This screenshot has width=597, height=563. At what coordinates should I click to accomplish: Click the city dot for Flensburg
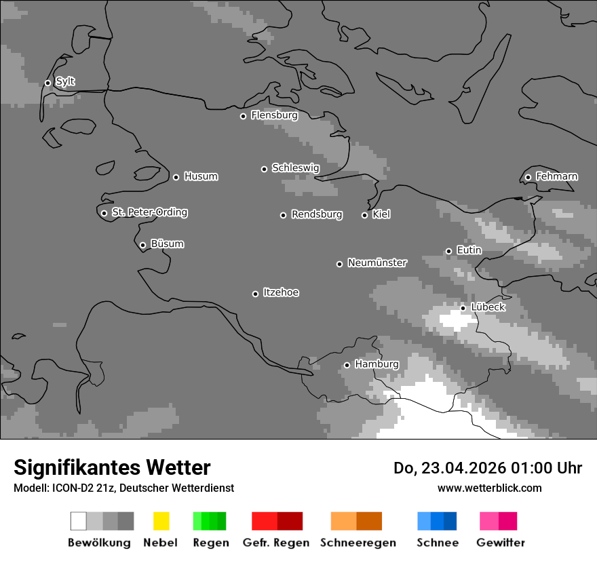243,116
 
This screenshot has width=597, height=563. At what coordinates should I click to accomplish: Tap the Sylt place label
65,81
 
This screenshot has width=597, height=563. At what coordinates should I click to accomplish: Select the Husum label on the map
201,176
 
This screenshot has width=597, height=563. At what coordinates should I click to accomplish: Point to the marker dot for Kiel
364,215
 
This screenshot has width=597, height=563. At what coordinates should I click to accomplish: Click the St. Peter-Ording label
149,212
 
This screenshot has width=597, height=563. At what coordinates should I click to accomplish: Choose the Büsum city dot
142,245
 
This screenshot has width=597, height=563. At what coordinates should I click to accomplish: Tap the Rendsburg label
317,214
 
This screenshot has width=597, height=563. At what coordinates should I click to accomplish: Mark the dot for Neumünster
339,264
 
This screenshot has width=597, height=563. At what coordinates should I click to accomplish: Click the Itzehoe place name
281,292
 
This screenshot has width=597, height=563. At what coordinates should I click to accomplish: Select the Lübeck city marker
463,308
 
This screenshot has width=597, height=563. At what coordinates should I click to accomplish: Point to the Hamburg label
377,364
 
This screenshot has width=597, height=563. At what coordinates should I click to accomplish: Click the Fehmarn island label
556,176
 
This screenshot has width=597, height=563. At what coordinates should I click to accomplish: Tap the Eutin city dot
448,251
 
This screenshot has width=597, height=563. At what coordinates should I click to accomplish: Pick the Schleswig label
295,168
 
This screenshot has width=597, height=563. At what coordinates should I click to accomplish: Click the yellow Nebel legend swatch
161,521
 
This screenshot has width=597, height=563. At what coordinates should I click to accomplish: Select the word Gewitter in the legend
501,543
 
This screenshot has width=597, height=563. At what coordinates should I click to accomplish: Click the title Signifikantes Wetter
112,467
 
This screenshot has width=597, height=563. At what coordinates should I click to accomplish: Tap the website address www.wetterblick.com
489,488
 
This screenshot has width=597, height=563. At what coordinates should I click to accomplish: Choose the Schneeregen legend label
358,543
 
